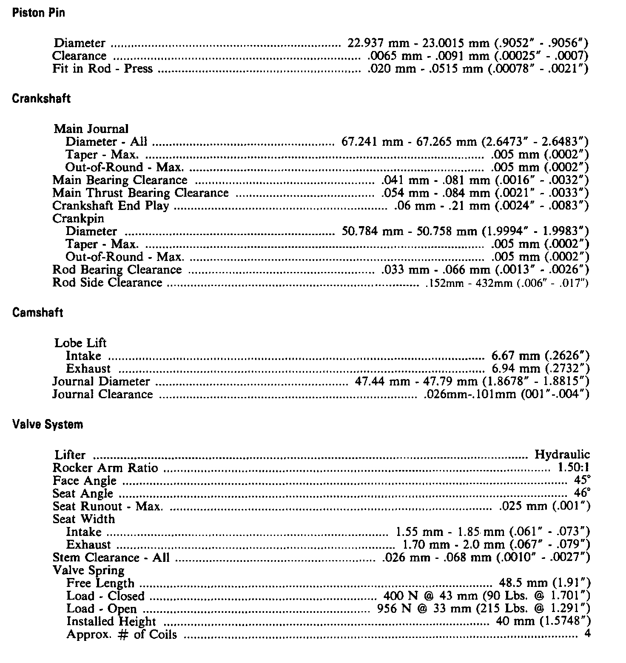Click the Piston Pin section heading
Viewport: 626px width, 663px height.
pos(39,13)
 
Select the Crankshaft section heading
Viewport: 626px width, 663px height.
pos(41,99)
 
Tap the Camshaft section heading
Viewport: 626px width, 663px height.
pos(38,313)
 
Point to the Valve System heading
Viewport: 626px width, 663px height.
pos(48,425)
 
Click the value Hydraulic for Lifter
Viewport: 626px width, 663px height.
pos(562,455)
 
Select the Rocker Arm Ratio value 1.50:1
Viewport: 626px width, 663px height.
pos(574,468)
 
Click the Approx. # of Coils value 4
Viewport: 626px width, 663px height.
pos(587,635)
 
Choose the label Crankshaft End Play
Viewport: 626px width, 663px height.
pos(111,206)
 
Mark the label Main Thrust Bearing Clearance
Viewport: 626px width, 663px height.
pos(140,193)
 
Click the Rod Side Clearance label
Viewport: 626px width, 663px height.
pos(107,283)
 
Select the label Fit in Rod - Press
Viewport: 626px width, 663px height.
pos(102,69)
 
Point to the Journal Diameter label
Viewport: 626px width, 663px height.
pos(101,382)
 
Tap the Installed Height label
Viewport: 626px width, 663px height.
pos(111,621)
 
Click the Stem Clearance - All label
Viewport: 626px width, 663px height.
pos(111,558)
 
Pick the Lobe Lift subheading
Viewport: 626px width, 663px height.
pos(80,343)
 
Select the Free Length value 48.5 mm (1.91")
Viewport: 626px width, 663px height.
pos(544,583)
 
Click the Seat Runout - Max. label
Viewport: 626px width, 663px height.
pos(108,507)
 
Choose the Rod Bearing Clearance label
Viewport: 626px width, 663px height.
pos(117,270)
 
